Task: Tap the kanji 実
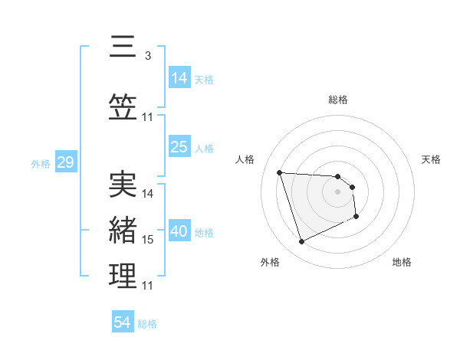pyautogui.click(x=123, y=184)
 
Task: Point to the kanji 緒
pyautogui.click(x=123, y=231)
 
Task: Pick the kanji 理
pyautogui.click(x=123, y=277)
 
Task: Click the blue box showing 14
pyautogui.click(x=179, y=77)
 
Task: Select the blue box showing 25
pyautogui.click(x=179, y=147)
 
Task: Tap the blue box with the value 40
pyautogui.click(x=179, y=231)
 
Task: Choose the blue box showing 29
pyautogui.click(x=65, y=162)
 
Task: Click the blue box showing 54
pyautogui.click(x=123, y=322)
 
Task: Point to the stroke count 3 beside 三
pyautogui.click(x=147, y=55)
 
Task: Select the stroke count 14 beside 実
pyautogui.click(x=148, y=194)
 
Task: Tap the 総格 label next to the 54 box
pyautogui.click(x=147, y=324)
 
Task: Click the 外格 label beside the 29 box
pyautogui.click(x=41, y=164)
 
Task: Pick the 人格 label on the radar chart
pyautogui.click(x=245, y=159)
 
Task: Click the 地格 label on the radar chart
pyautogui.click(x=402, y=262)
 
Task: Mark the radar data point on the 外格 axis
pyautogui.click(x=301, y=242)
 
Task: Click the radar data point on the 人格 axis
pyautogui.click(x=280, y=172)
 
